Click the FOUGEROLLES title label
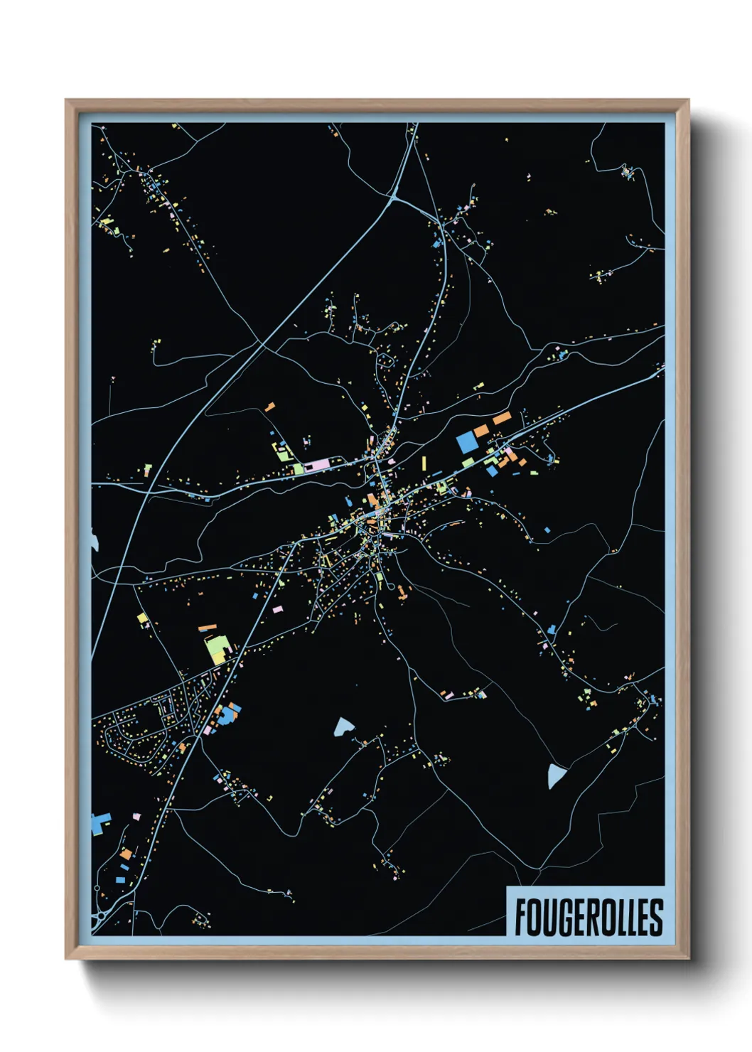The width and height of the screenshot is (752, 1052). (587, 917)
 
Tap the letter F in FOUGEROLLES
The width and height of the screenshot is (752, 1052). (521, 918)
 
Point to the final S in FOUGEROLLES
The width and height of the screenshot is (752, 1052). (655, 918)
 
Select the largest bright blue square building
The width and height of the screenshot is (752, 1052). (467, 442)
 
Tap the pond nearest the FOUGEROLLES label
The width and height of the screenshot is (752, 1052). (557, 776)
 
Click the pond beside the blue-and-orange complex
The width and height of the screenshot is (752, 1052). (344, 726)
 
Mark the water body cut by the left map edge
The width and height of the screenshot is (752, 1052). (94, 540)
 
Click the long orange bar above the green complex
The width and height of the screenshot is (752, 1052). (207, 628)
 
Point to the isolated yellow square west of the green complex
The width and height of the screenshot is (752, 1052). (142, 618)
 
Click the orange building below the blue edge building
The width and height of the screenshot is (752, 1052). (126, 854)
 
